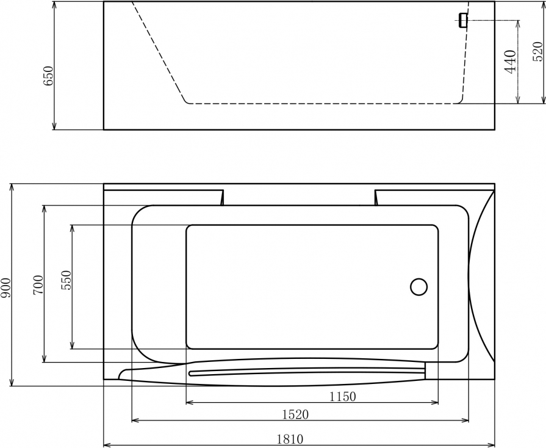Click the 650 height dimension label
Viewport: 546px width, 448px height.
[48, 76]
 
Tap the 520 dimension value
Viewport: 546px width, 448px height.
[537, 51]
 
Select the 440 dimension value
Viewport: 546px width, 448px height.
[510, 62]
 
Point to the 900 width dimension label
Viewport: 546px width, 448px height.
[6, 287]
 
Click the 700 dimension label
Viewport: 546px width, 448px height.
[38, 284]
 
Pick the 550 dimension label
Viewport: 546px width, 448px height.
[66, 280]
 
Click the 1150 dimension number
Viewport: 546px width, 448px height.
[343, 396]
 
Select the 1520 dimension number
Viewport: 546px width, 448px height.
[295, 414]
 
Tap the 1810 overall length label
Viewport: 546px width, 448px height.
[290, 439]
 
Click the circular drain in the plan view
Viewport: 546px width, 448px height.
[419, 287]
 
